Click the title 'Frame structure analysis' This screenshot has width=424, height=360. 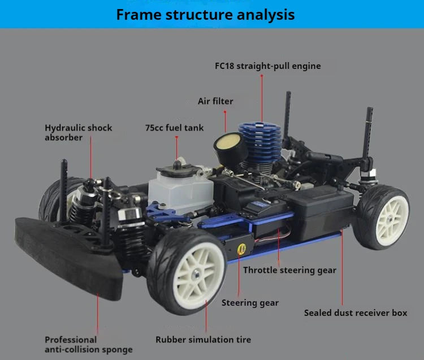[205, 15]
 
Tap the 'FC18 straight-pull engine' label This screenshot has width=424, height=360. [267, 66]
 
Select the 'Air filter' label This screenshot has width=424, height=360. [215, 101]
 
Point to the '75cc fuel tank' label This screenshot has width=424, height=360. [175, 128]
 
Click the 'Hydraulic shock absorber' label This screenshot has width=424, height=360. [78, 132]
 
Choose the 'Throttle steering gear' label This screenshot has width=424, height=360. [289, 270]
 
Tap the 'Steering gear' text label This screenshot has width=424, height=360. [250, 303]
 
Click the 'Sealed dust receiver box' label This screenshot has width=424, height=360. [355, 313]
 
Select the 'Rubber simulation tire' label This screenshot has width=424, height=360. [203, 340]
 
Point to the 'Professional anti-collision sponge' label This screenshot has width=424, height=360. [89, 344]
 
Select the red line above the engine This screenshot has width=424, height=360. [262, 96]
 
